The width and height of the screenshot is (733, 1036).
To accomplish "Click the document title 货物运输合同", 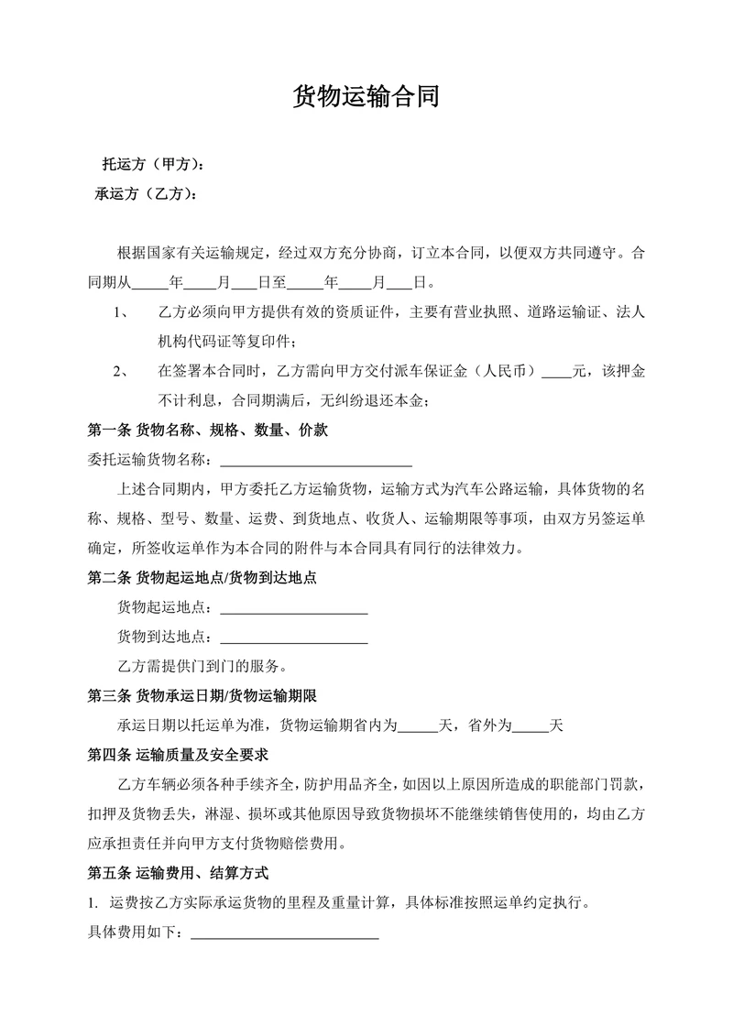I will (366, 97).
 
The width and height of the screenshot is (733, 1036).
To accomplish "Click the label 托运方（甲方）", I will (152, 166).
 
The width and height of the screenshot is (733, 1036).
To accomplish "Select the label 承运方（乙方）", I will (147, 194).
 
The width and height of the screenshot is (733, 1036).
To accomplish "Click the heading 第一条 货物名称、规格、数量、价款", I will (207, 429).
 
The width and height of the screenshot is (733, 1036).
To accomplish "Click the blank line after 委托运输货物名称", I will (316, 458).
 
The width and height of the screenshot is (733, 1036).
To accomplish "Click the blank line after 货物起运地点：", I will (294, 607).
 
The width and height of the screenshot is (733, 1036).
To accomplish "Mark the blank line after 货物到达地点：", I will (294, 637).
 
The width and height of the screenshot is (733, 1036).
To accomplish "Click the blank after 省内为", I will (418, 725).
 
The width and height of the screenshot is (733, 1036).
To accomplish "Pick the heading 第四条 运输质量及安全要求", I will (177, 755).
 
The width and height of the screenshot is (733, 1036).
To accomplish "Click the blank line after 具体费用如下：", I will (284, 932).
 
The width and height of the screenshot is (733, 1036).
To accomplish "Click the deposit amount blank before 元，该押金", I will (556, 371).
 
